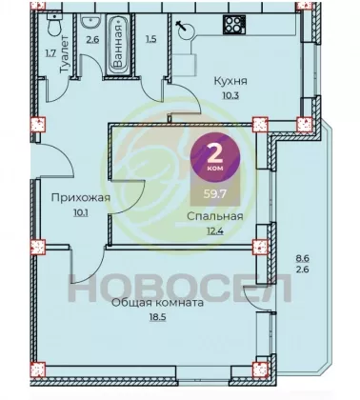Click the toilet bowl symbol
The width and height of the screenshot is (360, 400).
pyautogui.click(x=54, y=24)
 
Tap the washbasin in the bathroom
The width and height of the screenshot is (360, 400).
pyautogui.click(x=91, y=22)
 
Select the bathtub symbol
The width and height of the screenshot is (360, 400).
pyautogui.click(x=118, y=45)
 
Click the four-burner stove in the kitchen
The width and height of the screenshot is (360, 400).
pyautogui.click(x=234, y=25)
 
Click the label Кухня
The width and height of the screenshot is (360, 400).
pyautogui.click(x=230, y=81)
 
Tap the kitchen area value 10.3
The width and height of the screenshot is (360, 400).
pyautogui.click(x=230, y=95)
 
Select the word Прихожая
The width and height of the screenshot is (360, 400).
pyautogui.click(x=81, y=198)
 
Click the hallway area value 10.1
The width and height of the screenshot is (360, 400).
pyautogui.click(x=81, y=212)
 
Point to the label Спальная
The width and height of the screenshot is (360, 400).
pyautogui.click(x=215, y=217)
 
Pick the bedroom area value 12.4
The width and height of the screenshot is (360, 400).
pyautogui.click(x=215, y=230)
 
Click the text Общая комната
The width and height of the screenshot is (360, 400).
pyautogui.click(x=158, y=303)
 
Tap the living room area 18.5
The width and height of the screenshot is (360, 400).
pyautogui.click(x=158, y=317)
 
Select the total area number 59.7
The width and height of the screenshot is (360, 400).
pyautogui.click(x=215, y=193)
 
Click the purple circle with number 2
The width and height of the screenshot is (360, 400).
pyautogui.click(x=215, y=157)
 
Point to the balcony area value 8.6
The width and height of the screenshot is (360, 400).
pyautogui.click(x=303, y=258)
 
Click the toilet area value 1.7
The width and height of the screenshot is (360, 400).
pyautogui.click(x=50, y=53)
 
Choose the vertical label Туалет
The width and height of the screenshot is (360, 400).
pyautogui.click(x=65, y=54)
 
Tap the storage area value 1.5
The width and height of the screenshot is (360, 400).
pyautogui.click(x=151, y=40)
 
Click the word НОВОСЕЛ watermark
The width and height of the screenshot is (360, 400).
pyautogui.click(x=180, y=288)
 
